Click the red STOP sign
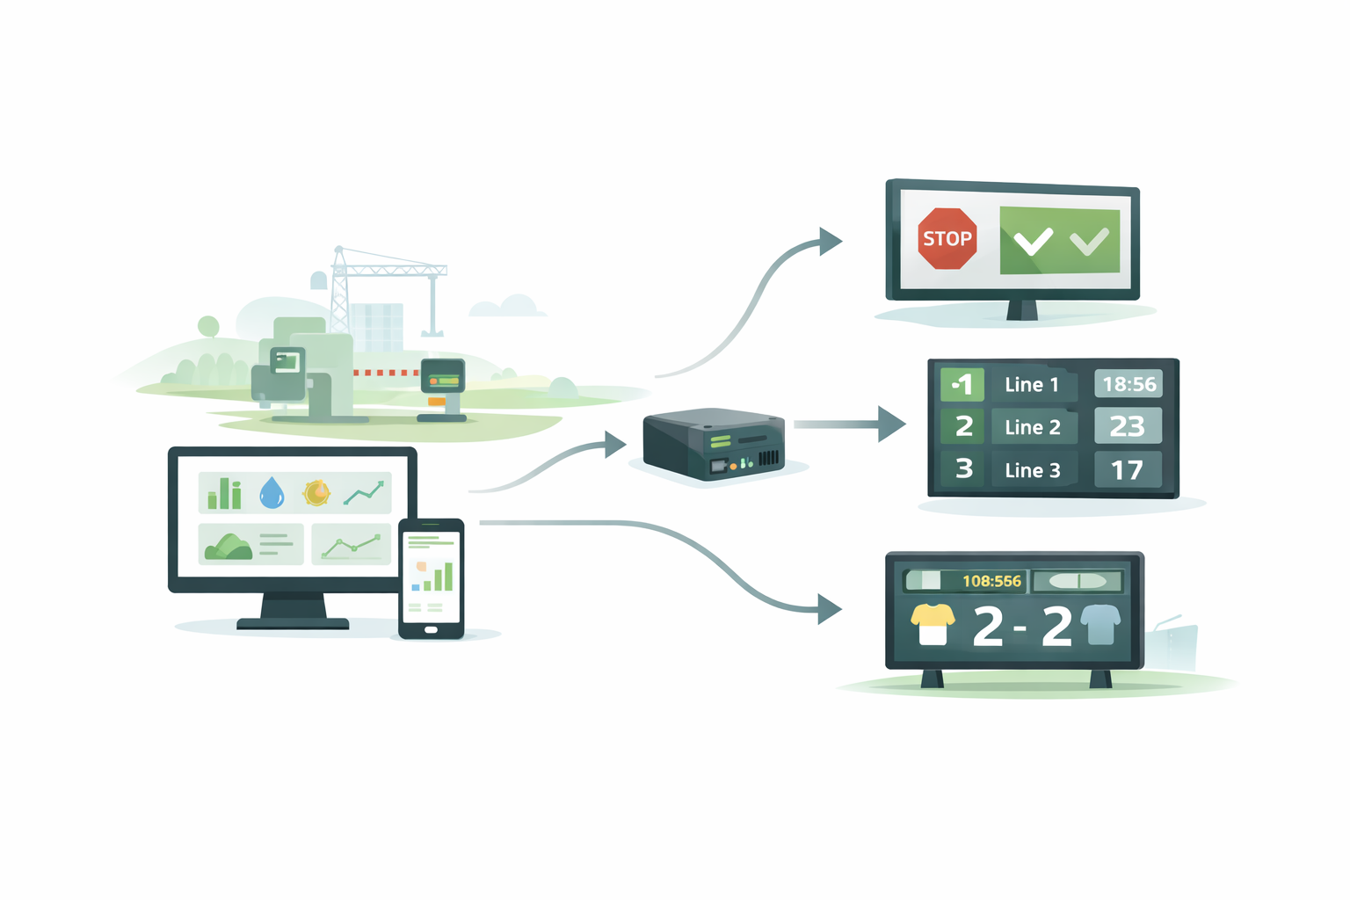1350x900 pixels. (x=947, y=238)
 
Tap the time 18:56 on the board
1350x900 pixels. (x=1129, y=384)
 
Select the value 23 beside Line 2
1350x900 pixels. (x=1128, y=426)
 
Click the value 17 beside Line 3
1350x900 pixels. (x=1128, y=470)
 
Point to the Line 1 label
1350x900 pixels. (x=1031, y=385)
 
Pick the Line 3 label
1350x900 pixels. (x=1032, y=470)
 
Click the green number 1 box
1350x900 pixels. (x=962, y=385)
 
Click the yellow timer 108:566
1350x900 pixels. (x=991, y=581)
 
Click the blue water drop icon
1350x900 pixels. (x=272, y=493)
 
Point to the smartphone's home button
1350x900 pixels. (x=431, y=629)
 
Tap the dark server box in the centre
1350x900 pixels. (x=713, y=444)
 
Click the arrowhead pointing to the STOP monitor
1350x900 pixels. (x=829, y=241)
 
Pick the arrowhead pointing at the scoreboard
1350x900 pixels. (x=829, y=608)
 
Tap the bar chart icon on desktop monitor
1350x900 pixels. (x=225, y=495)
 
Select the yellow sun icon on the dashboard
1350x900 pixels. (x=316, y=493)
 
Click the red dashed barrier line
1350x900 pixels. (x=387, y=373)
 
